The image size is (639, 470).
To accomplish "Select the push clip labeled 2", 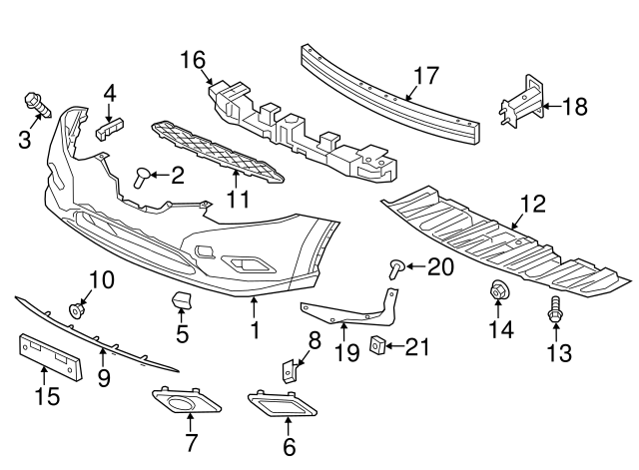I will tap(141, 178).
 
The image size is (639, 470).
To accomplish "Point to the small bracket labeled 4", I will tap(109, 126).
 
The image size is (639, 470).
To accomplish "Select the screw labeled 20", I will tap(396, 265).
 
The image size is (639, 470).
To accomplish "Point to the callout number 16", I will tap(193, 61).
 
